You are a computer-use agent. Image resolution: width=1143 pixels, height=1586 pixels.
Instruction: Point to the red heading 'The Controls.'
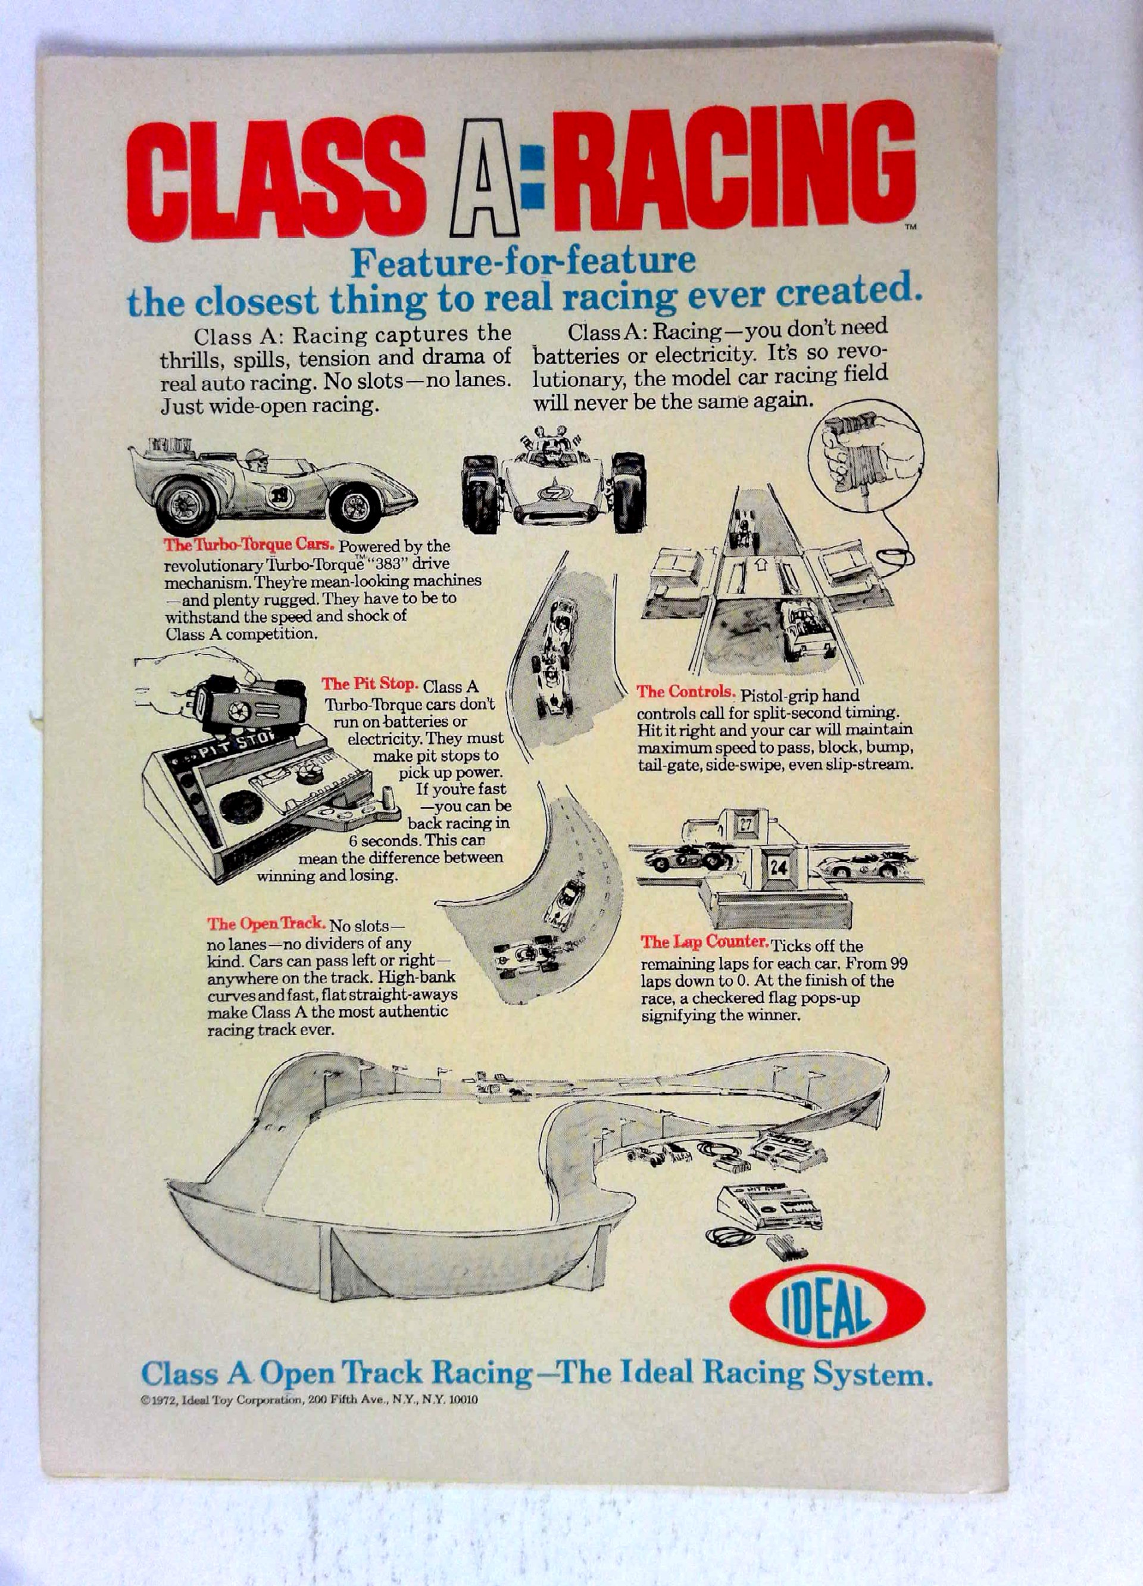coord(685,692)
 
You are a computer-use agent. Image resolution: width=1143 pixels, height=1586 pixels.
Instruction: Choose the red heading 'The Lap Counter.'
coord(705,943)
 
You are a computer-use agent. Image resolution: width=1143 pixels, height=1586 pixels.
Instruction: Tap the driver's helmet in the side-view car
coord(256,457)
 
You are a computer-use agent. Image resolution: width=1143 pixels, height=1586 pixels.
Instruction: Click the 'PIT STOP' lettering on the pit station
coord(234,746)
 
